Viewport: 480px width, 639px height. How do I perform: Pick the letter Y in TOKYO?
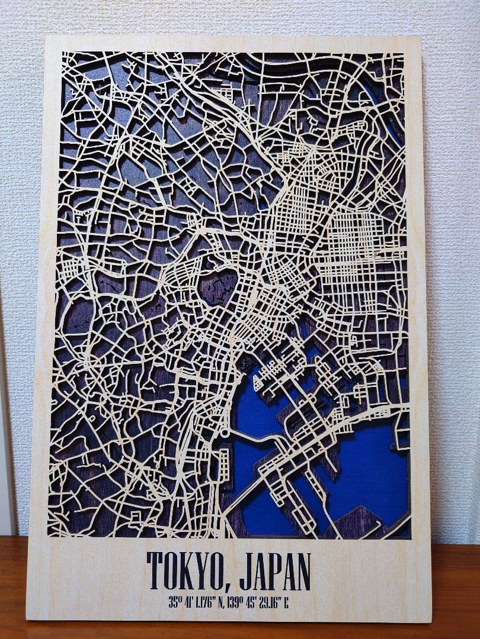pyautogui.click(x=191, y=570)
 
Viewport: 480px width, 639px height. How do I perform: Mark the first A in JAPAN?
pyautogui.click(x=253, y=570)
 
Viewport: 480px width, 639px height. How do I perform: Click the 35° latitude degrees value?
pyautogui.click(x=174, y=603)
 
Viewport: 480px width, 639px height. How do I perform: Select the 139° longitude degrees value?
pyautogui.click(x=235, y=603)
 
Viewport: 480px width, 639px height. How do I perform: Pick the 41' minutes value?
pyautogui.click(x=189, y=603)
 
